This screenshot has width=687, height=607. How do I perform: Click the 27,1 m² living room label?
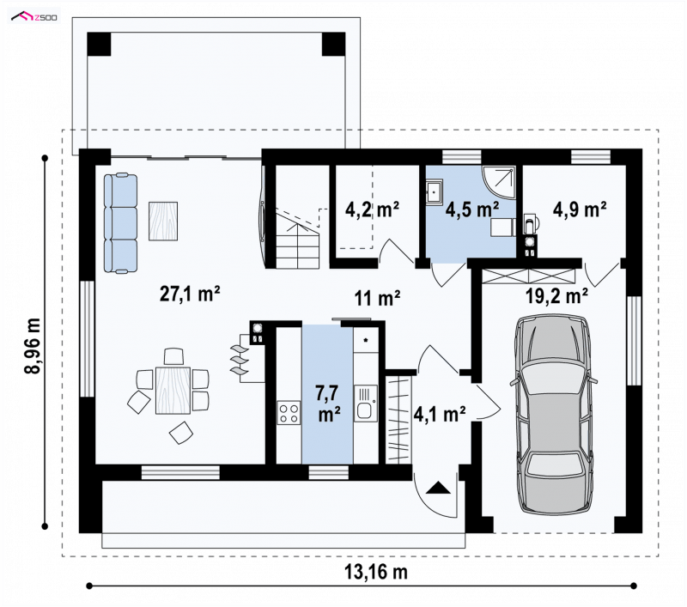pyautogui.click(x=190, y=294)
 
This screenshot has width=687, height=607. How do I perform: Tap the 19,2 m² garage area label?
pyautogui.click(x=556, y=296)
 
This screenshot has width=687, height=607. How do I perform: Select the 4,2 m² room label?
pyautogui.click(x=372, y=209)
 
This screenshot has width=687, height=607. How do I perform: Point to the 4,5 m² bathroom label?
pyautogui.click(x=471, y=209)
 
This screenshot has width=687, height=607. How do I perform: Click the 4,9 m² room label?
pyautogui.click(x=579, y=209)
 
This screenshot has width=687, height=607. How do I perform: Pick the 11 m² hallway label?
pyautogui.click(x=377, y=299)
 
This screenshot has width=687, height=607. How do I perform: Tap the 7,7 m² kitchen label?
pyautogui.click(x=329, y=404)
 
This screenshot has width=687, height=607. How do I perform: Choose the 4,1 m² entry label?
pyautogui.click(x=440, y=415)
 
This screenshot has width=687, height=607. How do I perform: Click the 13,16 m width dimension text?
pyautogui.click(x=376, y=573)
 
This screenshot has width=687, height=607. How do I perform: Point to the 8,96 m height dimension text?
pyautogui.click(x=33, y=346)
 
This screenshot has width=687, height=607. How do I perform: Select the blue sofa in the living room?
pyautogui.click(x=120, y=223)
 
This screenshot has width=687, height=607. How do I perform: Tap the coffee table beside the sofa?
pyautogui.click(x=163, y=221)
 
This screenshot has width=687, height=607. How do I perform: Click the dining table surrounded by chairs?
pyautogui.click(x=173, y=391)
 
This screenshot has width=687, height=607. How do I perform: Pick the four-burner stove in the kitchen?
pyautogui.click(x=289, y=413)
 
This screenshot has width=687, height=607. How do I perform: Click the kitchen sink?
pyautogui.click(x=366, y=404)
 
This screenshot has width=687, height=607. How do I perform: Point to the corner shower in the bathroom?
pyautogui.click(x=499, y=182)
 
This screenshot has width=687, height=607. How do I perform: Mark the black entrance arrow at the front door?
pyautogui.click(x=436, y=488)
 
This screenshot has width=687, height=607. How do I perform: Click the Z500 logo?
pyautogui.click(x=34, y=17)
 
